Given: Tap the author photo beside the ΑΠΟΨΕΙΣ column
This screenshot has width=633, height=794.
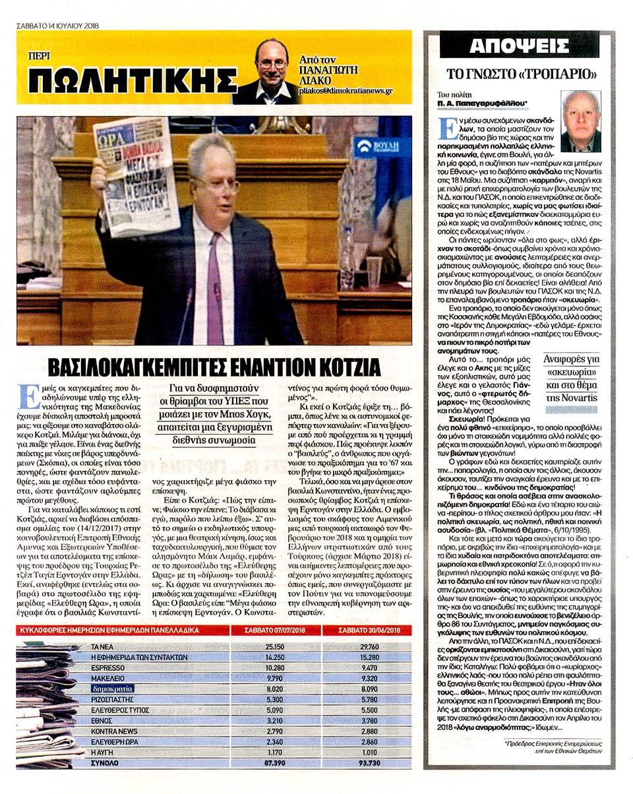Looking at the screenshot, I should pyautogui.click(x=580, y=121).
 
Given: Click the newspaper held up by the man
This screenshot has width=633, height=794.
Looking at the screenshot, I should pyautogui.click(x=137, y=175).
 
